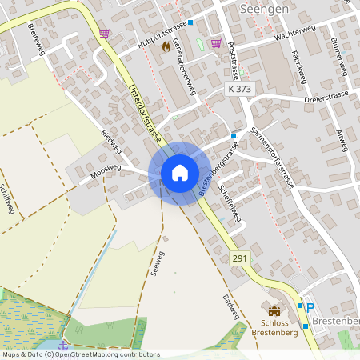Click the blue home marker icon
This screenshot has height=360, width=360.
coord(179,173)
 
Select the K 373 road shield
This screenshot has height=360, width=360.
coord(239,90)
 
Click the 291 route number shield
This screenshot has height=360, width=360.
coord(239,258)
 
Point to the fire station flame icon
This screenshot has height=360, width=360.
coord(166,46)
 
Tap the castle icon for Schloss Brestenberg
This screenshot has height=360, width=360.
coord(275,310)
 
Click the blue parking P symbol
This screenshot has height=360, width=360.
coord(310,308)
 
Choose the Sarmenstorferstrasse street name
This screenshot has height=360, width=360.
coord(272,157)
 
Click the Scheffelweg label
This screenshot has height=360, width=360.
coord(230,202)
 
